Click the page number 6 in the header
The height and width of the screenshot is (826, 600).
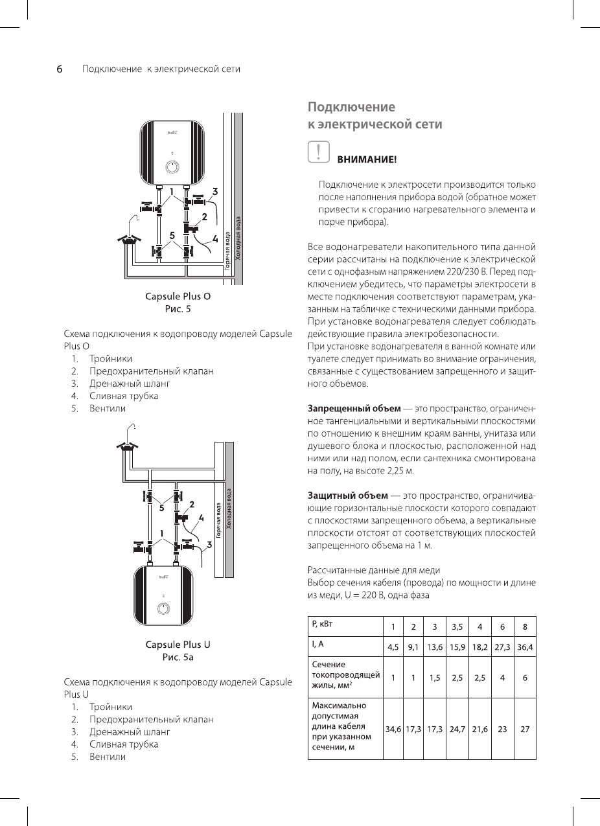(58, 69)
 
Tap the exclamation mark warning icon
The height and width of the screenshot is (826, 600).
(317, 152)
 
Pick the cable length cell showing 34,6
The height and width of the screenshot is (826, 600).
(393, 729)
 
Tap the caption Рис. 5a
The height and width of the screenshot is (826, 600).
(178, 658)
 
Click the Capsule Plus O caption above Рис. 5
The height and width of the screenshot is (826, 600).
(178, 297)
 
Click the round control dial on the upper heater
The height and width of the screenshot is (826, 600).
(172, 167)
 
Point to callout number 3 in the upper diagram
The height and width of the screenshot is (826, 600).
(214, 191)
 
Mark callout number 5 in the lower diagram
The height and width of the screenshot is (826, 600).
(154, 508)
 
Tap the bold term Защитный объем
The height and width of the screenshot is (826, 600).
(342, 496)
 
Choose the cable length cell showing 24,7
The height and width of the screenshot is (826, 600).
(457, 729)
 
